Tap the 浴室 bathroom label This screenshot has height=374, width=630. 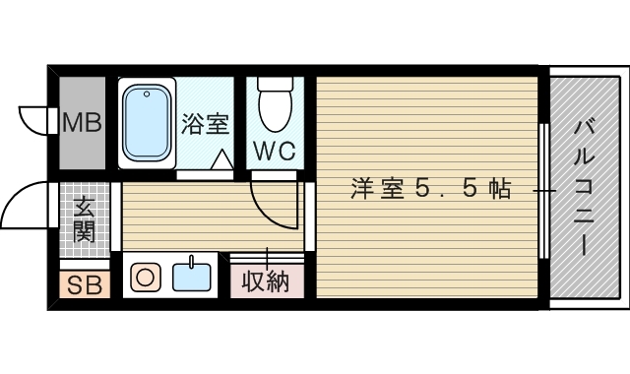[x=205, y=124]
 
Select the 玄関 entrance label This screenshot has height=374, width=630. [x=84, y=220]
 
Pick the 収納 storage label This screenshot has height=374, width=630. [x=267, y=281]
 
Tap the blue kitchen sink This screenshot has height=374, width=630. [x=192, y=276]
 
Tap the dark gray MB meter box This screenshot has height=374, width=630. [x=82, y=121]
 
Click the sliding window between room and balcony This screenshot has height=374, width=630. [x=544, y=187]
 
